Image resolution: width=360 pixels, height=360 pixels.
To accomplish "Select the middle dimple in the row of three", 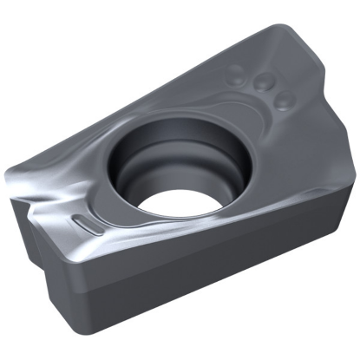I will (x=260, y=83).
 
